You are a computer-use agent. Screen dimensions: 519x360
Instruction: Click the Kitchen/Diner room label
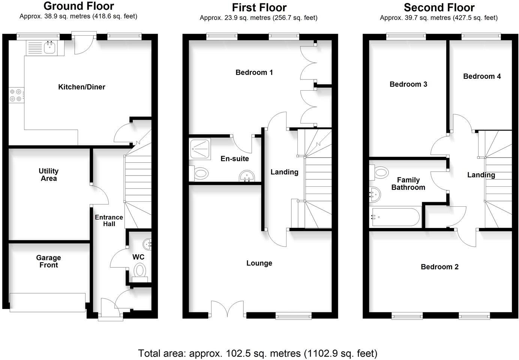click(81, 87)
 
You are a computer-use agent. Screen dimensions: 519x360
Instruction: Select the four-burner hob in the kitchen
click(15, 95)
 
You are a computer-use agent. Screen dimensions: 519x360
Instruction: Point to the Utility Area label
click(48, 175)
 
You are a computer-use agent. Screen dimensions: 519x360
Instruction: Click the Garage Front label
click(48, 261)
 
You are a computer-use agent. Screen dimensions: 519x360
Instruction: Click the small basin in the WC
click(147, 244)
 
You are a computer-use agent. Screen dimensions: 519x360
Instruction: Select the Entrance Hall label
click(109, 220)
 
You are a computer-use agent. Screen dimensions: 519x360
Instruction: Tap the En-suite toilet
click(200, 174)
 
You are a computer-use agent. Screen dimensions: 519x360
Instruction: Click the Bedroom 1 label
click(254, 72)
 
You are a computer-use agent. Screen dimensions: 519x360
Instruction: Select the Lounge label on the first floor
click(259, 263)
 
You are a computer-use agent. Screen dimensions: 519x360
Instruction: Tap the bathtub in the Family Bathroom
click(394, 217)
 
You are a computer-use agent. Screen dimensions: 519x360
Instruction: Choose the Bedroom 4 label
click(482, 76)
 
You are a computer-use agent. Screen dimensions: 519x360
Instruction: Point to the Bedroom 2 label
click(439, 267)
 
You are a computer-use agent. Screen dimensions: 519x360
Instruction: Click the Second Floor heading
click(439, 7)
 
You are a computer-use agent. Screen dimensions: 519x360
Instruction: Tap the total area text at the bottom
click(258, 353)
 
